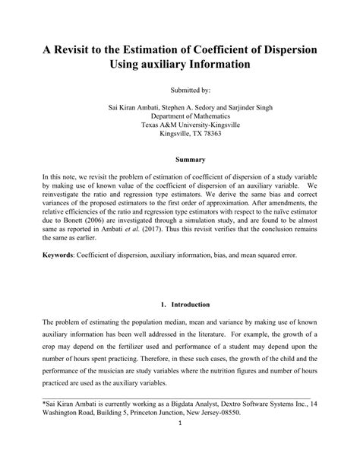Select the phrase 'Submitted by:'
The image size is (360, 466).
click(x=180, y=89)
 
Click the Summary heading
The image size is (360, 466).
click(x=180, y=160)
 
